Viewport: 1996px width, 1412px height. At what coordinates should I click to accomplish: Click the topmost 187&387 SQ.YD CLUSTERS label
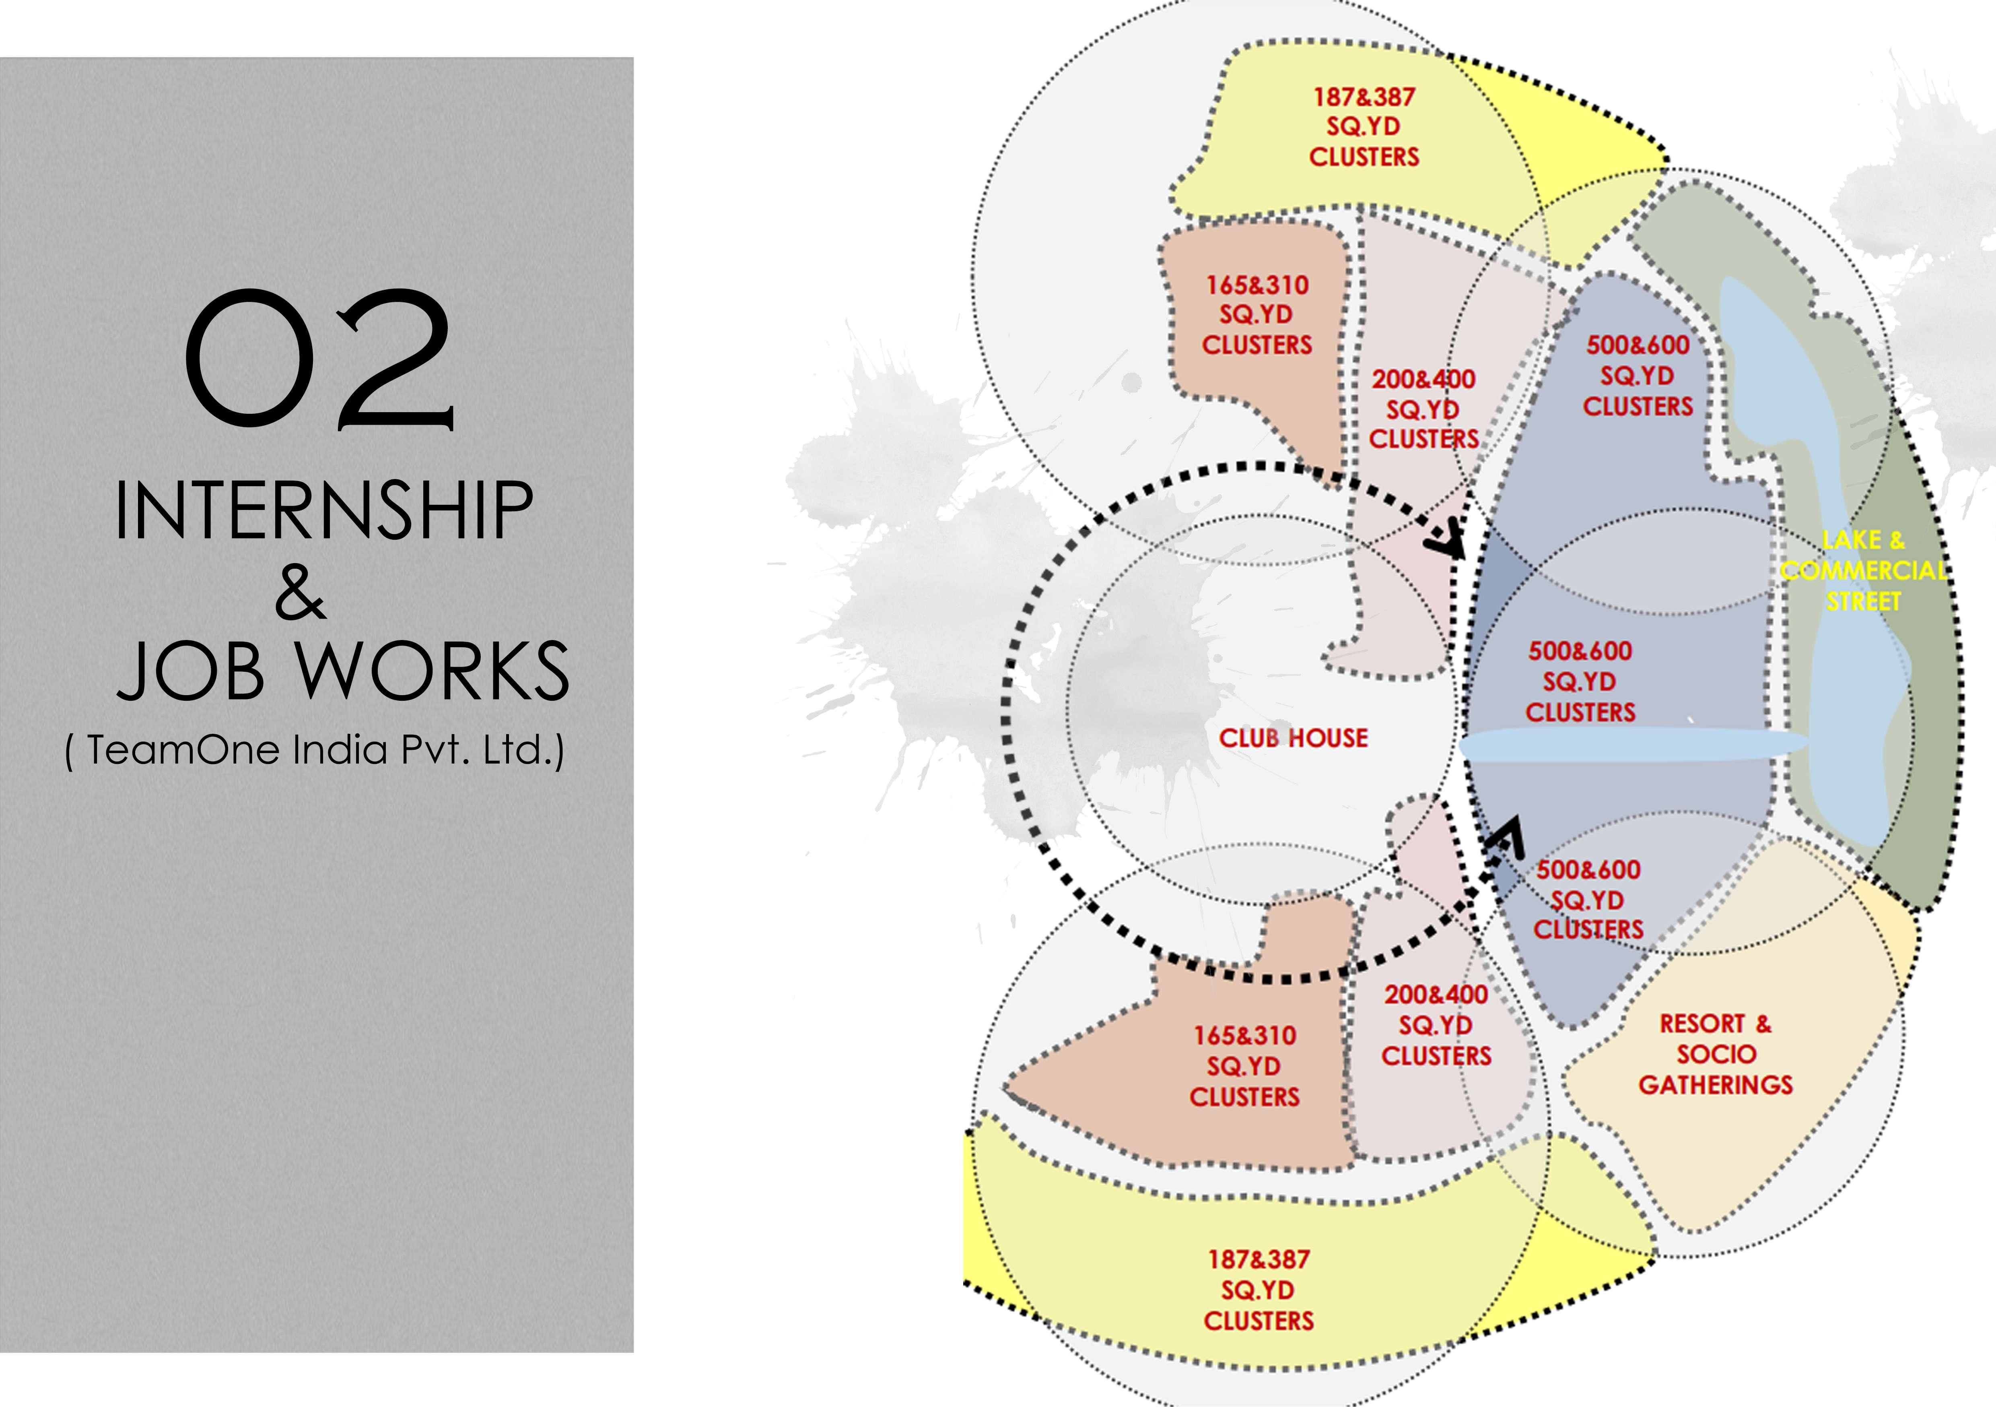click(x=1364, y=127)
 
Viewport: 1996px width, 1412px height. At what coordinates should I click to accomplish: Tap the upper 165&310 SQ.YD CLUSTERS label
click(x=1257, y=315)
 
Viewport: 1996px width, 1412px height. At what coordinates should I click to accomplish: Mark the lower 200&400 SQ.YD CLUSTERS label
click(x=1436, y=1025)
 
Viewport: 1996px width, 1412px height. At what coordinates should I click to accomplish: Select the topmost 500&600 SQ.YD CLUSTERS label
click(x=1638, y=376)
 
